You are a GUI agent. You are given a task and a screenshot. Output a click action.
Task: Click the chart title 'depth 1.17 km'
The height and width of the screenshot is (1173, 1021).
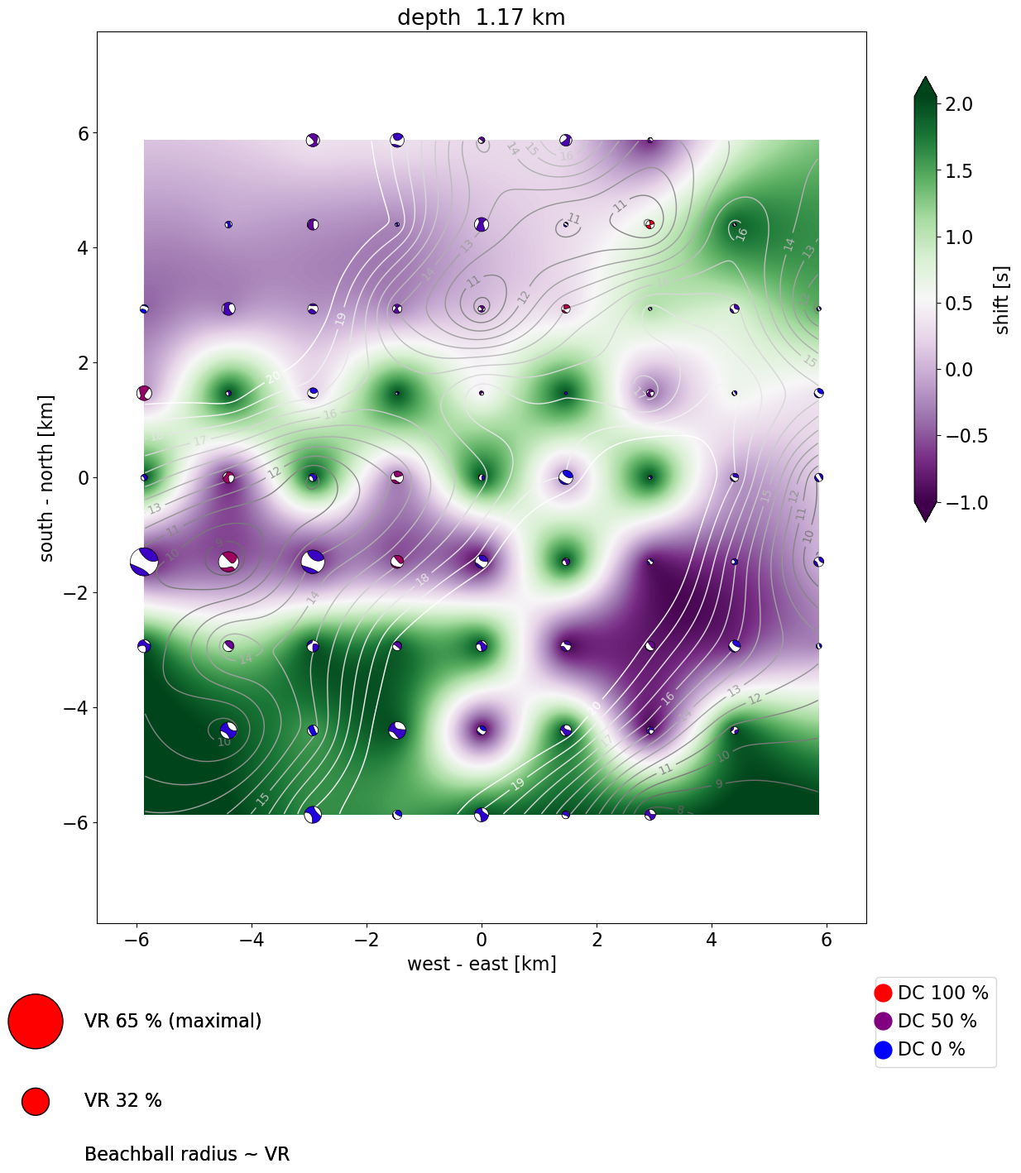(x=481, y=17)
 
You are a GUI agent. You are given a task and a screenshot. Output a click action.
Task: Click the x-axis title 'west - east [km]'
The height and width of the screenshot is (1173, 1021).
(x=482, y=964)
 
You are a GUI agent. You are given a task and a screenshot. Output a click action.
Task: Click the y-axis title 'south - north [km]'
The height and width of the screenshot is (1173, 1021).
(x=46, y=478)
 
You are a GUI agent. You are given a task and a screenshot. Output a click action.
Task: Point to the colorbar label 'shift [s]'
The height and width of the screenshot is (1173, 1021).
(x=1002, y=300)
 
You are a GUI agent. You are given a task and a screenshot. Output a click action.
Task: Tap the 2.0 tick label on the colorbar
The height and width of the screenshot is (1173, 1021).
(x=959, y=104)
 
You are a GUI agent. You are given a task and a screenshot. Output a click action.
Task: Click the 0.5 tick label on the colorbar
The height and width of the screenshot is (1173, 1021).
(x=959, y=304)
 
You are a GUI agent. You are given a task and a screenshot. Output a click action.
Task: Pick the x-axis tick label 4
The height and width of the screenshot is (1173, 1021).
(x=712, y=940)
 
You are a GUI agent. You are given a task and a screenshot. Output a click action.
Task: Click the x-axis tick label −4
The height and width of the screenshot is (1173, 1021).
(x=252, y=940)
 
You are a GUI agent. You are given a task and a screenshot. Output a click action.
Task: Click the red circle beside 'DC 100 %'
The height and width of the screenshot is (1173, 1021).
(x=884, y=993)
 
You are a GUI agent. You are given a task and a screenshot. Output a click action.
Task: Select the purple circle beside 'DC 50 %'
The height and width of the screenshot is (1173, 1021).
(x=884, y=1021)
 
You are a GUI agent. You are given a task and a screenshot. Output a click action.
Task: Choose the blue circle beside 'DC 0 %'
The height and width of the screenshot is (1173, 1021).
(x=884, y=1049)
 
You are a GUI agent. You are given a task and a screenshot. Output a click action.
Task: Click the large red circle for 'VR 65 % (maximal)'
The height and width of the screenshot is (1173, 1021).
(x=36, y=1021)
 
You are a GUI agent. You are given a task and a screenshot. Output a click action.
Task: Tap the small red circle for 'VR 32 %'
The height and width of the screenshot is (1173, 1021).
(x=36, y=1101)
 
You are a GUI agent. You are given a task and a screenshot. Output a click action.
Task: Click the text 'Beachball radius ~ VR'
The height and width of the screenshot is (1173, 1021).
(x=187, y=1154)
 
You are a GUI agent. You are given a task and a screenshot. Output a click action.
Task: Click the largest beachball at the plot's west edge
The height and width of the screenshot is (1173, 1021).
(x=144, y=562)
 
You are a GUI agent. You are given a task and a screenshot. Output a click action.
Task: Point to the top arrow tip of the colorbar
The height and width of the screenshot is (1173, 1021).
(x=926, y=79)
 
